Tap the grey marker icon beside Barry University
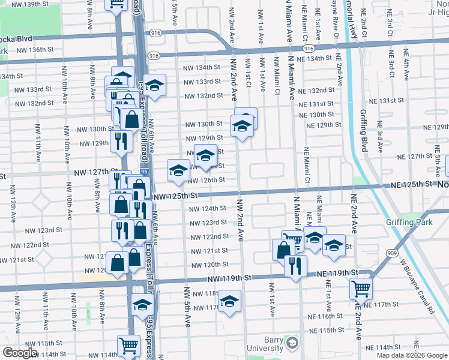click(292, 344)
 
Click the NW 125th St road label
click(175, 196)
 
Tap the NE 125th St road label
click(412, 185)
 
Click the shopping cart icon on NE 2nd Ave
click(361, 289)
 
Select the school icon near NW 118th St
click(229, 301)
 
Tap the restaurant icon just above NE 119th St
click(294, 266)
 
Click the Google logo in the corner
click(20, 353)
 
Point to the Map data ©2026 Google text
click(412, 355)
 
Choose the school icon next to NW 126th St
click(178, 171)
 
